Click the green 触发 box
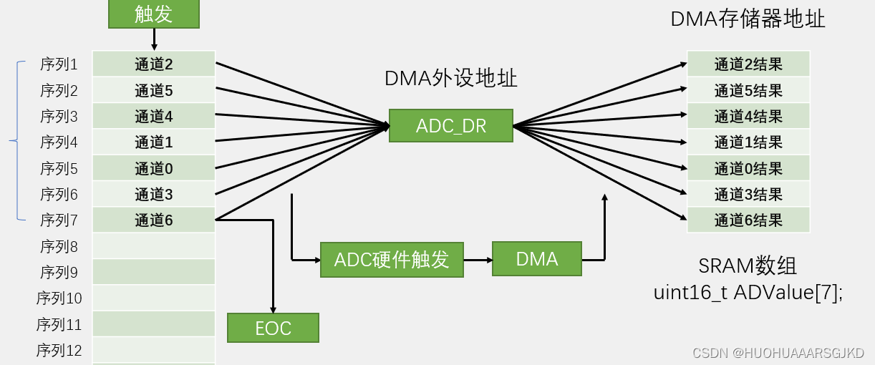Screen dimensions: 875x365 (x=154, y=14)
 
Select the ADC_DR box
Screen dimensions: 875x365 (x=451, y=126)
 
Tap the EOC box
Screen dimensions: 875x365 (x=273, y=328)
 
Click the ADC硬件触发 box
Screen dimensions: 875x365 (x=392, y=260)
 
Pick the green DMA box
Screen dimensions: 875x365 (x=537, y=259)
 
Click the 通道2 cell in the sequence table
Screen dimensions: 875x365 (x=154, y=64)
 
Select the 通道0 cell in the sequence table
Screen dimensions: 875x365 (x=154, y=168)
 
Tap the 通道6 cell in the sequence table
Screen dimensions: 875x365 (x=154, y=220)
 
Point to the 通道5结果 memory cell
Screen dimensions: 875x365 (x=748, y=90)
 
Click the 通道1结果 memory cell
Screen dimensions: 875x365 (x=748, y=142)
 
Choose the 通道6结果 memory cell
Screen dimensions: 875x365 (x=748, y=220)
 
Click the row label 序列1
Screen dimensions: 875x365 (x=59, y=64)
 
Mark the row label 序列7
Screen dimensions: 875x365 (x=59, y=220)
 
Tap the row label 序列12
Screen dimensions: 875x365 (x=59, y=351)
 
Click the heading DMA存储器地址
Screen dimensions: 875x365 (x=748, y=19)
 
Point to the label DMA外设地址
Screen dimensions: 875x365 (x=451, y=78)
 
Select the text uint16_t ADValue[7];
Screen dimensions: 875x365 (x=748, y=293)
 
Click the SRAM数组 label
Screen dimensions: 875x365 (x=748, y=266)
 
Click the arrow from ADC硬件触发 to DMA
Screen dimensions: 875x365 (x=478, y=260)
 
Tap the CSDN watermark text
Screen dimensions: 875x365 (x=778, y=353)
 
